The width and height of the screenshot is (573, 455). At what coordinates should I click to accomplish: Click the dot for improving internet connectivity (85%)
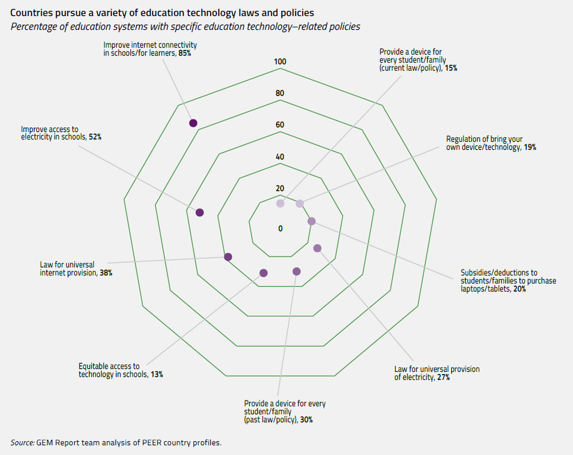[193, 123]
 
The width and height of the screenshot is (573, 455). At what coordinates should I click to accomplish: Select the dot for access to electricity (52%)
[200, 212]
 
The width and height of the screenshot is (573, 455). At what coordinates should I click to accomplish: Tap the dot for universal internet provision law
[228, 256]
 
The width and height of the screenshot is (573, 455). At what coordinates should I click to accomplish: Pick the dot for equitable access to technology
[264, 273]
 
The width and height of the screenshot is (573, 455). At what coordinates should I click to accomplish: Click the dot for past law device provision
[296, 271]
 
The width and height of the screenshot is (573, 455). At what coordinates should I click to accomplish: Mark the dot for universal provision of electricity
[318, 248]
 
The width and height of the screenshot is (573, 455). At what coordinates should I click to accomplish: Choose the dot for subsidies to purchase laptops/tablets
[312, 221]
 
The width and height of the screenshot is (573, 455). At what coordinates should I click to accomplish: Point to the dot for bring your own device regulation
[300, 203]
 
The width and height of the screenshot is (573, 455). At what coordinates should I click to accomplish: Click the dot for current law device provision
[280, 203]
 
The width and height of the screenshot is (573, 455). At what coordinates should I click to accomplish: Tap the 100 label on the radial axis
[280, 62]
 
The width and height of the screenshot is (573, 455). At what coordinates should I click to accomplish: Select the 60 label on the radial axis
[280, 125]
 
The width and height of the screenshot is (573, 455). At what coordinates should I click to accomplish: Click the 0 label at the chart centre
[280, 228]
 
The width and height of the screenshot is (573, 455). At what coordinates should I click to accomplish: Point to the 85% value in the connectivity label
[184, 53]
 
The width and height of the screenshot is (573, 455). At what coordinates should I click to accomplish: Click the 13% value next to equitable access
[157, 374]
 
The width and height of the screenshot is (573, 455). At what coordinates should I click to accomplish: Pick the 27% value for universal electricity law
[442, 378]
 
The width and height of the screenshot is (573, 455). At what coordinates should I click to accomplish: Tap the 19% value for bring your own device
[529, 147]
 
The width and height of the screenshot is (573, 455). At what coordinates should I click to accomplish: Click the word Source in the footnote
[22, 442]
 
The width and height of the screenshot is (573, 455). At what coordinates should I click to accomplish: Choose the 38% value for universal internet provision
[106, 273]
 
